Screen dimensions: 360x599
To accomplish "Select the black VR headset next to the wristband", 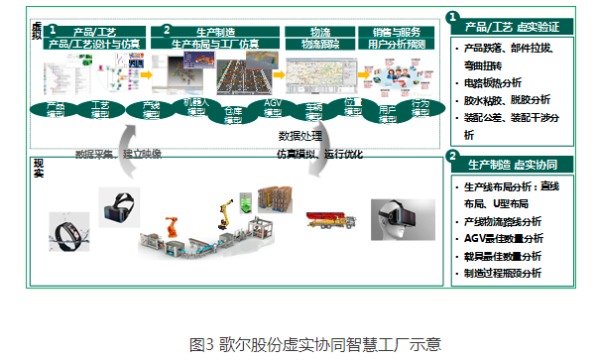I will [x=118, y=205].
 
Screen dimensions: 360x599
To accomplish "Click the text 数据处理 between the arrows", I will [x=296, y=134].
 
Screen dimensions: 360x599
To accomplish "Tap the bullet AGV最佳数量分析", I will [x=507, y=238].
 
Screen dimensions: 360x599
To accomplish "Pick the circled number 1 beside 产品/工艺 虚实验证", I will [x=452, y=17].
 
